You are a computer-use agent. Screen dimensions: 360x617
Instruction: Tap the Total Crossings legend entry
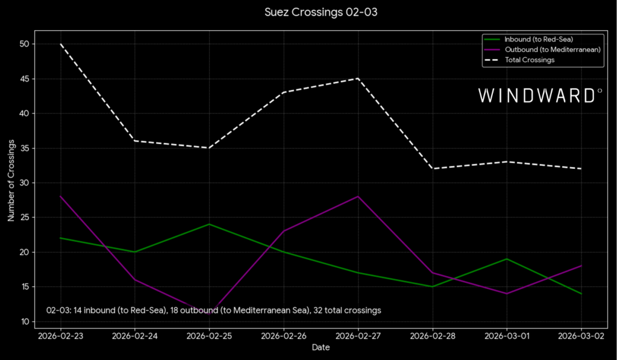(529, 60)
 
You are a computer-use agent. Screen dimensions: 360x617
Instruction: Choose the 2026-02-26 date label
(283, 335)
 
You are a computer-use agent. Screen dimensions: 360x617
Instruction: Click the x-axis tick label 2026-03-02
(581, 335)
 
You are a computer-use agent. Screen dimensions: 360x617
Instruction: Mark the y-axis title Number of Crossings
(11, 183)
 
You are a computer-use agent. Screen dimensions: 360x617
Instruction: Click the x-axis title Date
(321, 347)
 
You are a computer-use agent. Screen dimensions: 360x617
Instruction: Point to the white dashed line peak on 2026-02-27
(358, 78)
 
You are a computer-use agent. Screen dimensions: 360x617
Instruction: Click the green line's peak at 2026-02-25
(209, 224)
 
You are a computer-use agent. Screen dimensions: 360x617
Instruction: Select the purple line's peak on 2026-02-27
(358, 197)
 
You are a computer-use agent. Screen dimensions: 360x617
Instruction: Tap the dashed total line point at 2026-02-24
(134, 141)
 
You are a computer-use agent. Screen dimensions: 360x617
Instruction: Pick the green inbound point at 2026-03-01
(507, 259)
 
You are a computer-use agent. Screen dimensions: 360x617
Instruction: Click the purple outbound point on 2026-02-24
(134, 280)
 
